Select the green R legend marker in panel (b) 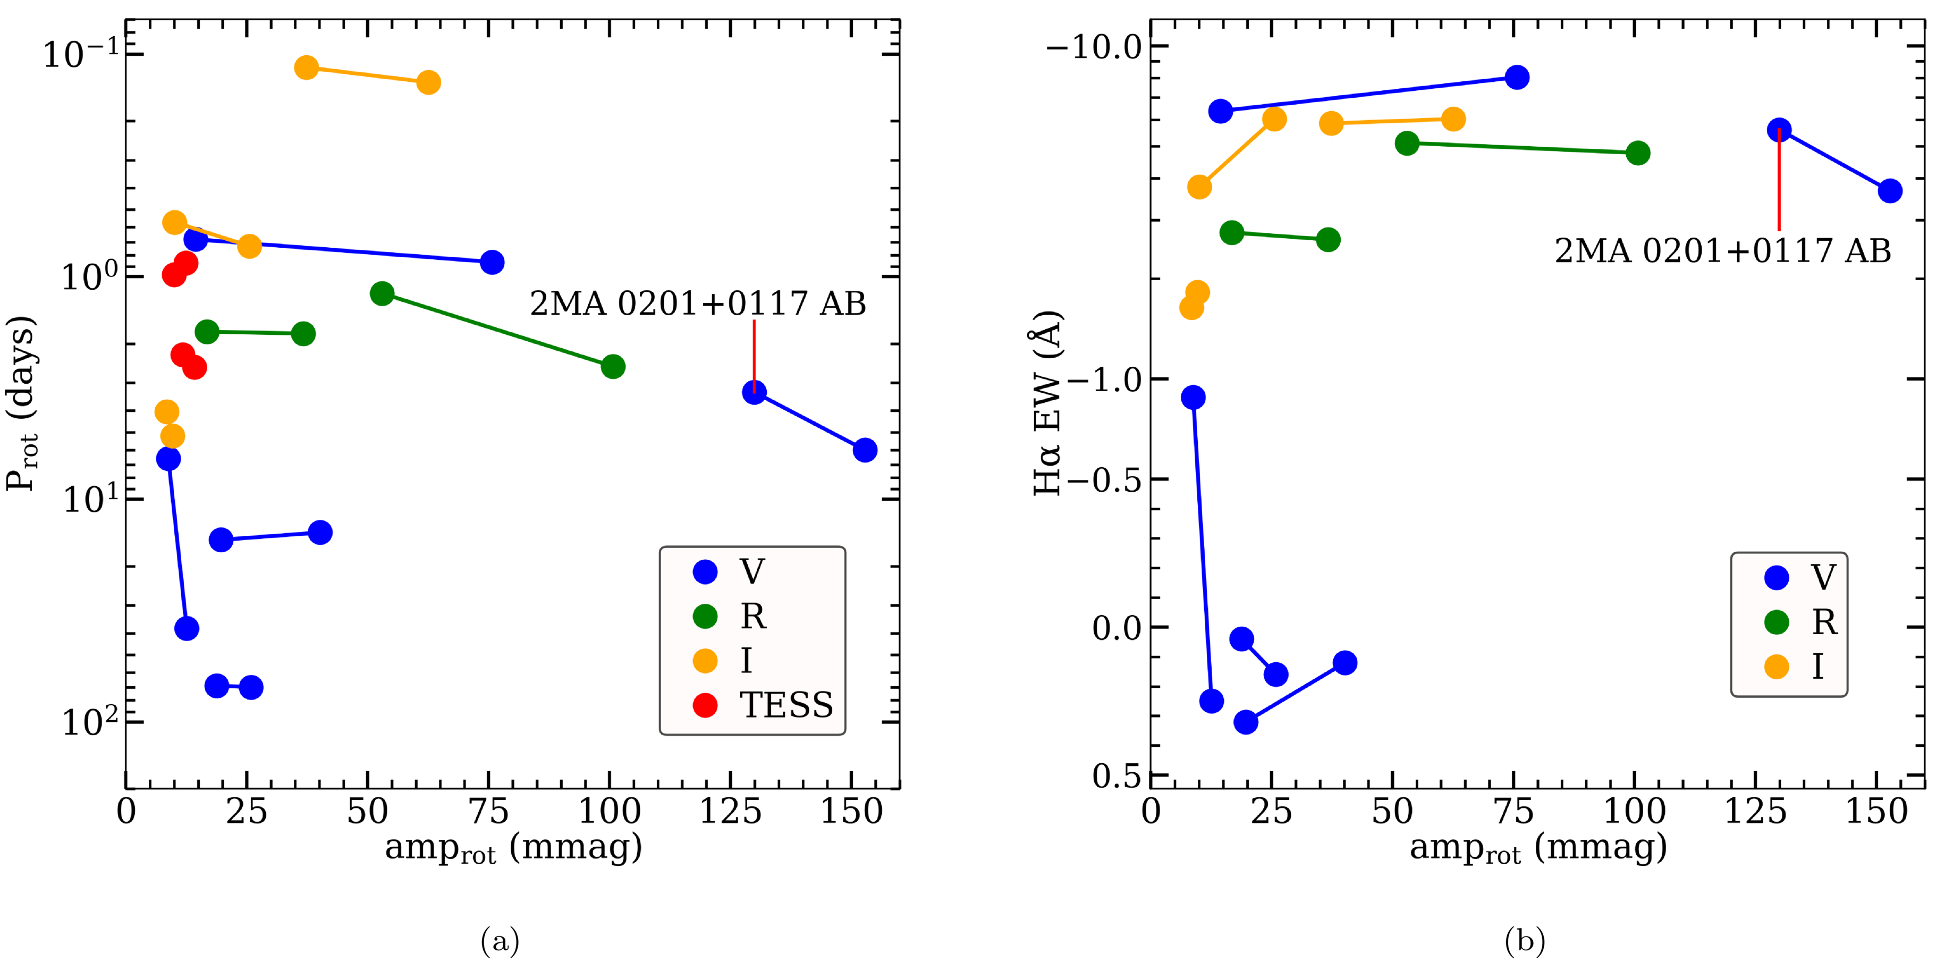[x=1776, y=622]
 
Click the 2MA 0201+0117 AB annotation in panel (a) [x=698, y=304]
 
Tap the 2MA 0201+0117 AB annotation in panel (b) [x=1722, y=251]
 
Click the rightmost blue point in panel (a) [x=865, y=450]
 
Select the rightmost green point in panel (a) [x=613, y=367]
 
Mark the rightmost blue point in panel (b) [x=1890, y=191]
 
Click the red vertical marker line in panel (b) [x=1779, y=181]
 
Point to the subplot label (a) [x=500, y=941]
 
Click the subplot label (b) [x=1525, y=941]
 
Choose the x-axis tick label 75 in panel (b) [x=1514, y=812]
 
